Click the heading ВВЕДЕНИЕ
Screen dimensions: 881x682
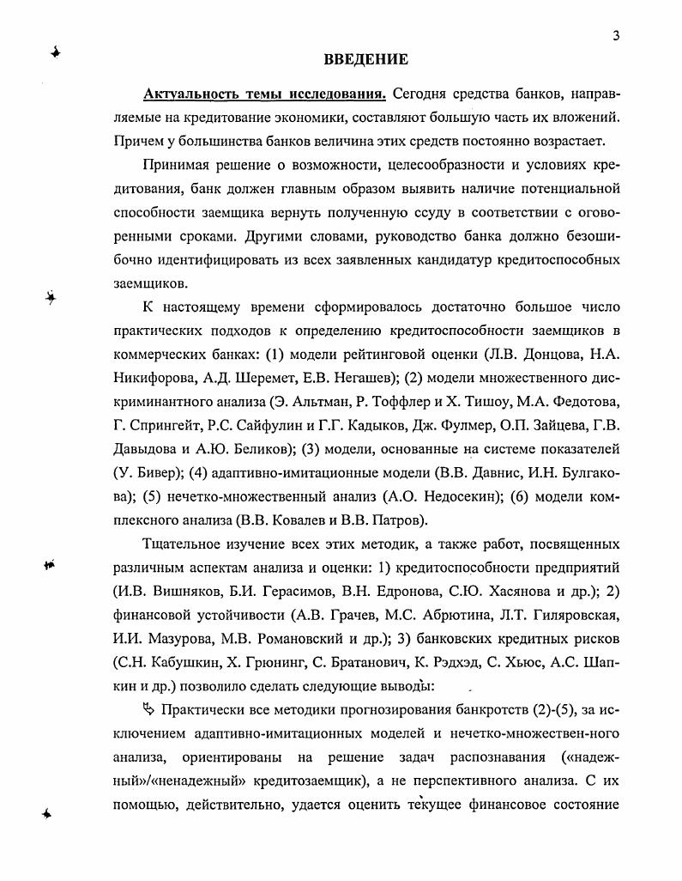[365, 59]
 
